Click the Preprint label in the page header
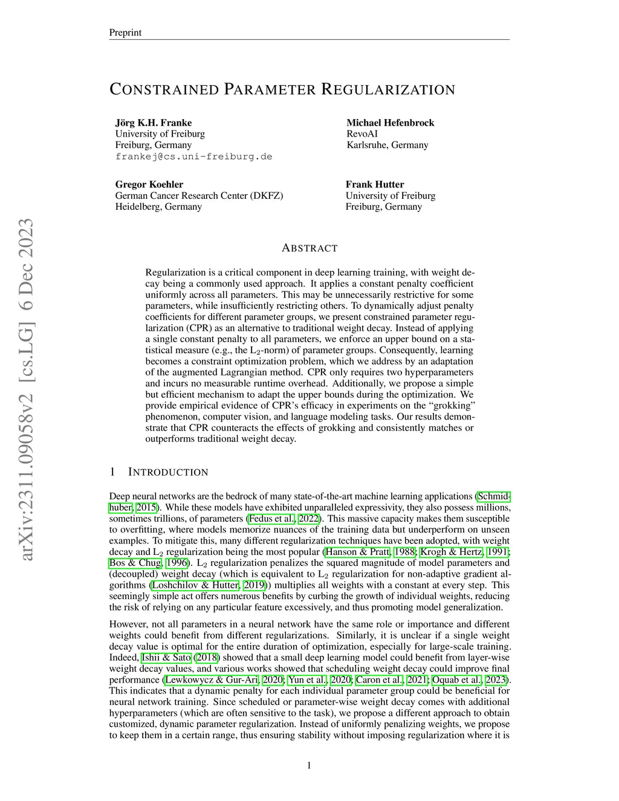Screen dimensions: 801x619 (125, 33)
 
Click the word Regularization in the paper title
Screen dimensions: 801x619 (387, 90)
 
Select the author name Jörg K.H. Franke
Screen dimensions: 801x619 (154, 123)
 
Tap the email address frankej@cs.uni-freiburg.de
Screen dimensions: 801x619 (193, 157)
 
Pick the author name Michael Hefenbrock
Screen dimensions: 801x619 (390, 123)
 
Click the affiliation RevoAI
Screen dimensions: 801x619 (362, 134)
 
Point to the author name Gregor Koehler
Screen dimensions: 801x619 (149, 184)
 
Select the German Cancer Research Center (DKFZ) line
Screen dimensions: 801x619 (199, 195)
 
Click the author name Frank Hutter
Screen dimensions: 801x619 (375, 184)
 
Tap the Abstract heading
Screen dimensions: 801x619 (309, 248)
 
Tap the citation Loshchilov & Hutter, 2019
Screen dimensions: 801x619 (209, 585)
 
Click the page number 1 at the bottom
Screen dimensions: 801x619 (309, 766)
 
